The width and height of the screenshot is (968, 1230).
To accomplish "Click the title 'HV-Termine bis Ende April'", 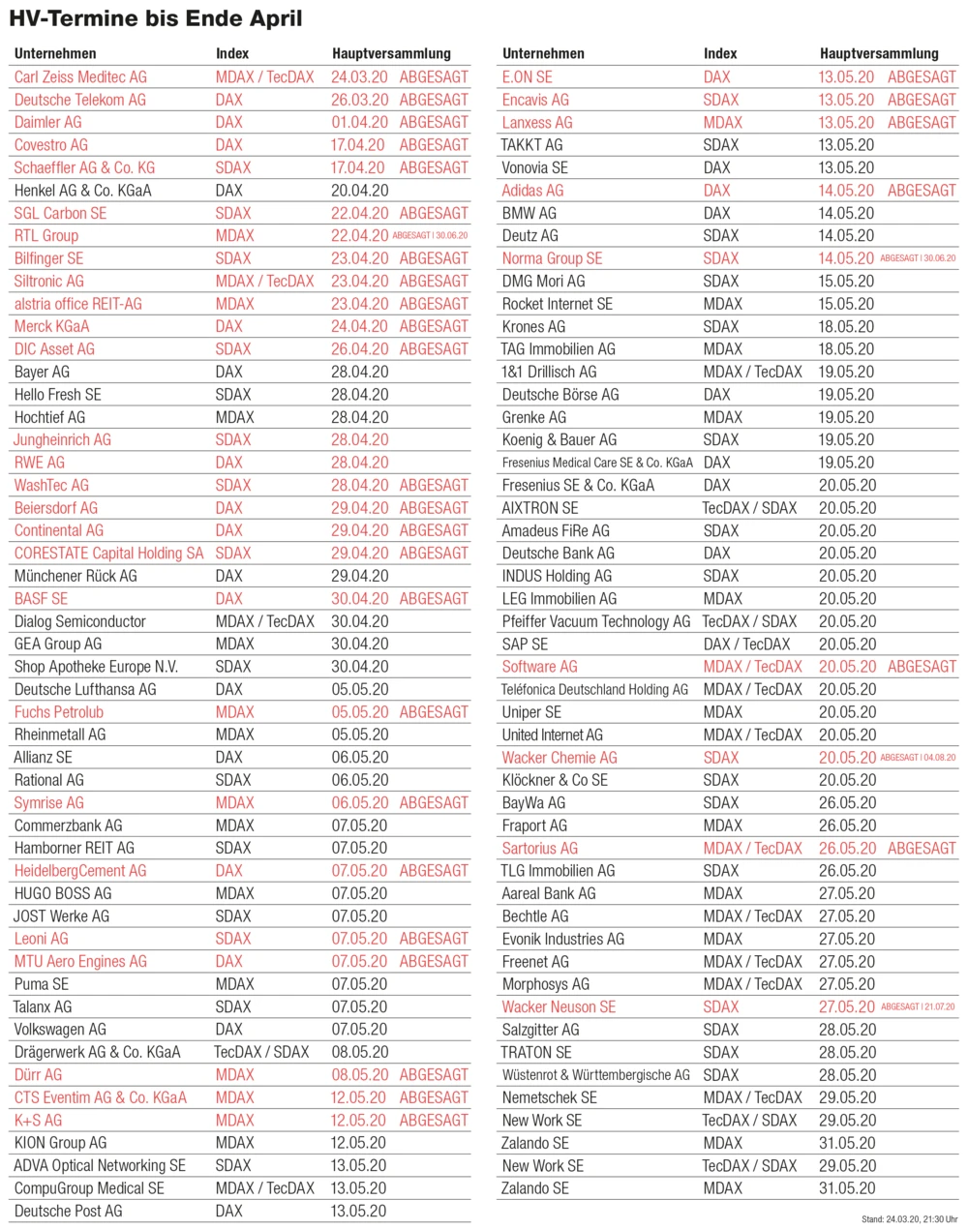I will click(x=156, y=18).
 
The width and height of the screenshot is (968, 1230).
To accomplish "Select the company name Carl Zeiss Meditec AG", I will click(x=80, y=77).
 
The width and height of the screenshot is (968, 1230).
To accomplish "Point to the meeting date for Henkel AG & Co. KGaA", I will click(x=359, y=191).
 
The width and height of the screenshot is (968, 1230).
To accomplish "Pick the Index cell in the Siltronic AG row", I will click(x=264, y=282).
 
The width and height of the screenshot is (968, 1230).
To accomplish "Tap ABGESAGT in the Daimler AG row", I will click(x=434, y=123).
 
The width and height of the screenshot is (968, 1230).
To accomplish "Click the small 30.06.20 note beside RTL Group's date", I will click(x=452, y=236).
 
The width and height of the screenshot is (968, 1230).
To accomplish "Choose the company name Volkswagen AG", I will click(x=60, y=1030).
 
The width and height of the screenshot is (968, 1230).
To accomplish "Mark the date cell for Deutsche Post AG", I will click(x=358, y=1211).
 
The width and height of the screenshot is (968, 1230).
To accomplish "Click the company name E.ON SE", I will click(x=527, y=77).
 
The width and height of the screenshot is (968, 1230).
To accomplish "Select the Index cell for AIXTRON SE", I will click(x=749, y=508).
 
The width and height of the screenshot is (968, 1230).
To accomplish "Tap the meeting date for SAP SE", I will click(x=847, y=645).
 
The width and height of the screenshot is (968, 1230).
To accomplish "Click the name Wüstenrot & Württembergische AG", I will click(x=595, y=1075).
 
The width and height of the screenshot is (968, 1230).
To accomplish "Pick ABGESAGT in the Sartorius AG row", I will click(x=922, y=849).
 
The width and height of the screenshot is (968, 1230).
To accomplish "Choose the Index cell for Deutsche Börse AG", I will click(x=717, y=395).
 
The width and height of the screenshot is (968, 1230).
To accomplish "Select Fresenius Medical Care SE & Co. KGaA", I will click(x=596, y=463).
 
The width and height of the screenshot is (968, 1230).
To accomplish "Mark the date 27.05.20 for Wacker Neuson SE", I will click(x=847, y=1007).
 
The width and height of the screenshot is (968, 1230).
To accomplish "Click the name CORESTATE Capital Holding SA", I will click(x=108, y=554).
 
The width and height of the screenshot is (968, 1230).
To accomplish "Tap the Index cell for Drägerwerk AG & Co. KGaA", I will click(x=261, y=1052).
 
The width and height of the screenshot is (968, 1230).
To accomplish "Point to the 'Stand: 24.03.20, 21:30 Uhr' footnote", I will click(x=909, y=1219).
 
